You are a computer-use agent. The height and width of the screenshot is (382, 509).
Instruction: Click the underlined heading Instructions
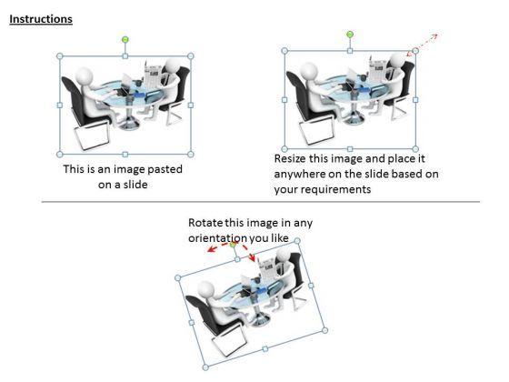pyautogui.click(x=41, y=19)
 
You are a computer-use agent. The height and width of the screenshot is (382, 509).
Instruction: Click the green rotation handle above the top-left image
pyautogui.click(x=125, y=40)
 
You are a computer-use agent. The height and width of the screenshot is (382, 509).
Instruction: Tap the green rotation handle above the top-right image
pyautogui.click(x=350, y=35)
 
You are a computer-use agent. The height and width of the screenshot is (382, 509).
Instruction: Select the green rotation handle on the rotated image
pyautogui.click(x=233, y=245)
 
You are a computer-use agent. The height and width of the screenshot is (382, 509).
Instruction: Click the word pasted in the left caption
pyautogui.click(x=165, y=169)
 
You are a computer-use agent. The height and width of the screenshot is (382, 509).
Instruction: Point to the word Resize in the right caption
pyautogui.click(x=290, y=158)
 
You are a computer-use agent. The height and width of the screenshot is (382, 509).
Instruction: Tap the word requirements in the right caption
pyautogui.click(x=338, y=190)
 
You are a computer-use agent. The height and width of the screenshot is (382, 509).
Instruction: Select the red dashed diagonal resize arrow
pyautogui.click(x=422, y=45)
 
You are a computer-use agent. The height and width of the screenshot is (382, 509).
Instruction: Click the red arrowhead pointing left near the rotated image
pyautogui.click(x=212, y=249)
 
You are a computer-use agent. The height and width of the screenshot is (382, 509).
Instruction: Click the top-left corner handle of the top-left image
pyautogui.click(x=60, y=56)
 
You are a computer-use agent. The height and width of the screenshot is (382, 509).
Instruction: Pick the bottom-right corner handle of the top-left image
pyautogui.click(x=191, y=155)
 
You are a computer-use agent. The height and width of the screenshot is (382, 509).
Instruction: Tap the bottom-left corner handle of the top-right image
pyautogui.click(x=284, y=149)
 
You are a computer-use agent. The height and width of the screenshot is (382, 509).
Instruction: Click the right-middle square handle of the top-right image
pyautogui.click(x=415, y=100)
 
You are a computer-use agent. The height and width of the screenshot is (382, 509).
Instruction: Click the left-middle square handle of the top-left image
pyautogui.click(x=60, y=106)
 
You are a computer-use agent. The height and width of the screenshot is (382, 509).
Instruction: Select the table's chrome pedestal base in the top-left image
pyautogui.click(x=129, y=122)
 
